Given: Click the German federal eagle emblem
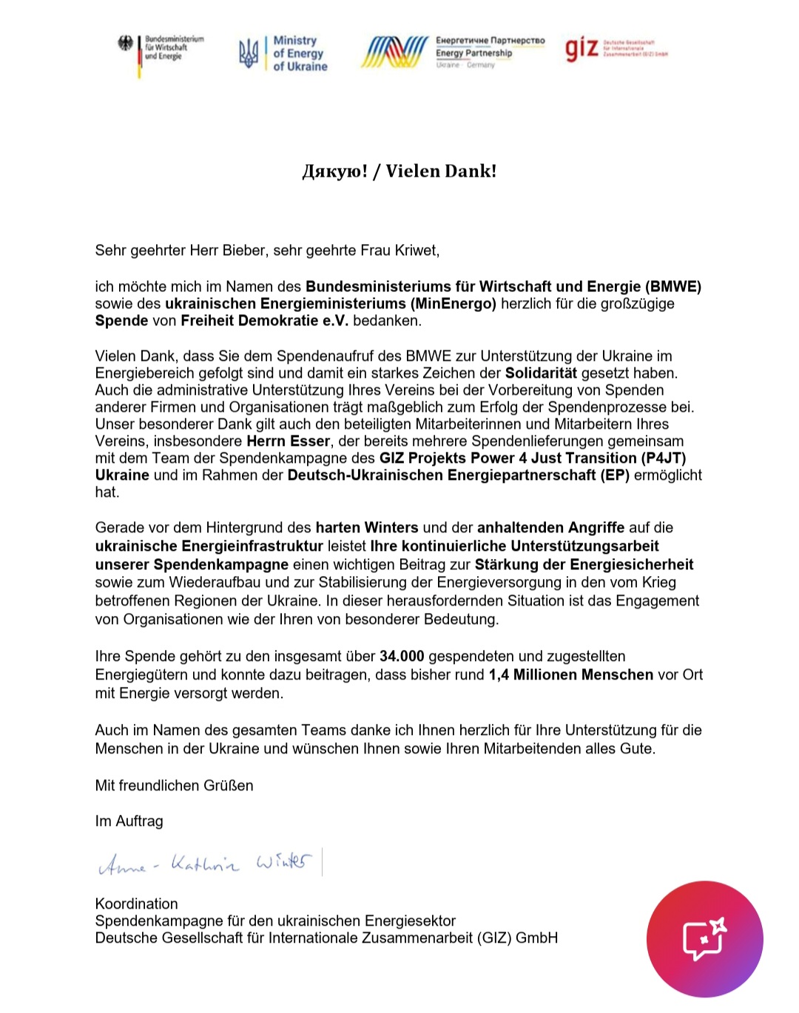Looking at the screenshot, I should tap(126, 44).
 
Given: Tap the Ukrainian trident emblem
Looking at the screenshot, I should tap(248, 53).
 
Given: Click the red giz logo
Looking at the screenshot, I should tap(581, 49).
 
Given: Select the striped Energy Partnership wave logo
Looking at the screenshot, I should tap(394, 52).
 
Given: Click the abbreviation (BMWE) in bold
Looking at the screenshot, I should tap(673, 287).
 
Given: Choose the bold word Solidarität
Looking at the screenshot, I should tap(541, 373).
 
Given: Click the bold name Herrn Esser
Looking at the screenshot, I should tap(288, 441).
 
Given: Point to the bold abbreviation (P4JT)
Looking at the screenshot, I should tap(664, 458).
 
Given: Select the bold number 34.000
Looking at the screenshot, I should tap(402, 657).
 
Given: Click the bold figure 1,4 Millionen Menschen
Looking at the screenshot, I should tap(570, 675).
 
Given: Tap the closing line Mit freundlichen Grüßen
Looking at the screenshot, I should tap(174, 786).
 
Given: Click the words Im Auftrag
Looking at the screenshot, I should tap(129, 821).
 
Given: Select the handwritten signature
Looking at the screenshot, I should tap(206, 863).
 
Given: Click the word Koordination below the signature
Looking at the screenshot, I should tap(136, 904).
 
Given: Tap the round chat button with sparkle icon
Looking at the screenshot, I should tap(704, 939).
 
